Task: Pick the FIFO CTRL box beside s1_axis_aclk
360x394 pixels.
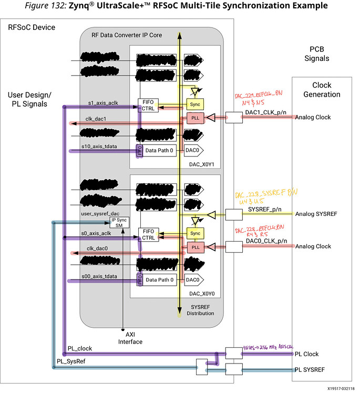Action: point(147,106)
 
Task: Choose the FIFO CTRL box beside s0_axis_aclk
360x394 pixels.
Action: point(147,234)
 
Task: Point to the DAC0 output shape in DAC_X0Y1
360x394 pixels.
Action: point(192,150)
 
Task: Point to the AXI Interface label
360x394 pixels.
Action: point(130,337)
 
